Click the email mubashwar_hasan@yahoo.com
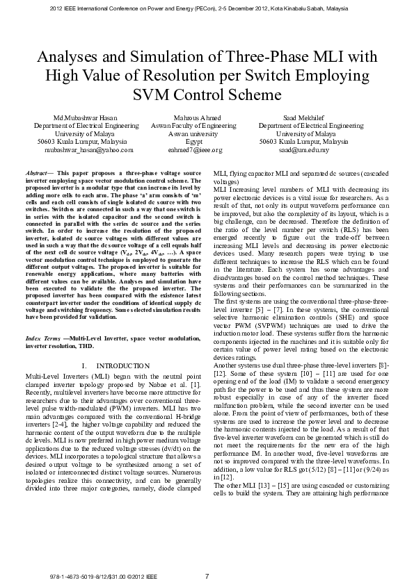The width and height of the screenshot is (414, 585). click(x=89, y=149)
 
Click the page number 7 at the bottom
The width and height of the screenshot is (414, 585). click(x=207, y=576)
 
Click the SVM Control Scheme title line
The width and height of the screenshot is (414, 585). click(x=207, y=94)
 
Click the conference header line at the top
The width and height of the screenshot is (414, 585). click(x=207, y=8)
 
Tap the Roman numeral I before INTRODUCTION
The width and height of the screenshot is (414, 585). click(x=83, y=365)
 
